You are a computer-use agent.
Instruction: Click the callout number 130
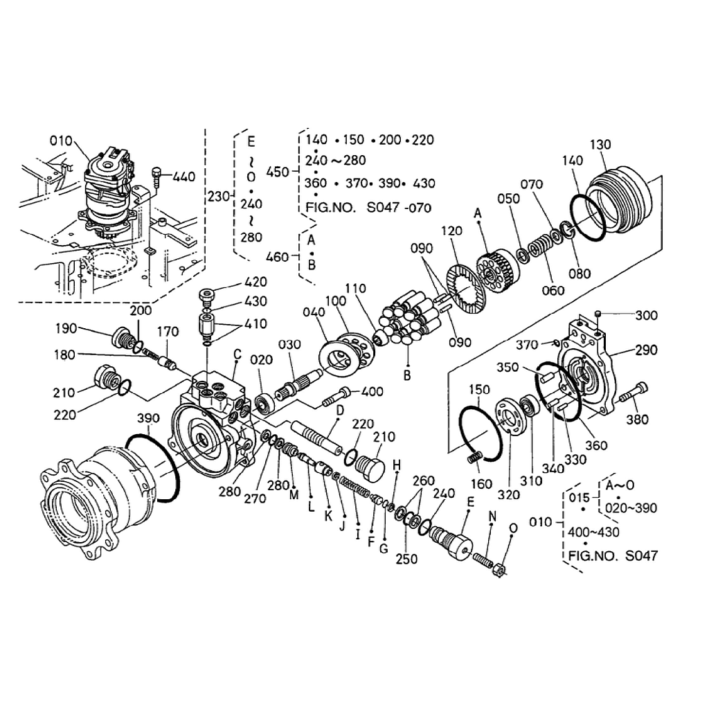(x=600, y=145)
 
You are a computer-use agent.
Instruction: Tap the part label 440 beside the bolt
(x=184, y=177)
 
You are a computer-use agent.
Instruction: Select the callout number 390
(x=148, y=418)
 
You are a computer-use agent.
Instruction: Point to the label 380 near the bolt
(x=637, y=419)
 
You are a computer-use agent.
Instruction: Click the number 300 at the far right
(x=646, y=315)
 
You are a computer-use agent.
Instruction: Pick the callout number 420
(x=255, y=282)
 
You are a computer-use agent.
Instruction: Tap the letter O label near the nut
(x=513, y=528)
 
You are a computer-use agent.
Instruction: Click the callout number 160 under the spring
(x=481, y=484)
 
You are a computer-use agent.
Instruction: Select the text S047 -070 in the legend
(x=399, y=208)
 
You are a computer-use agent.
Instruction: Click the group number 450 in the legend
(x=277, y=172)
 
